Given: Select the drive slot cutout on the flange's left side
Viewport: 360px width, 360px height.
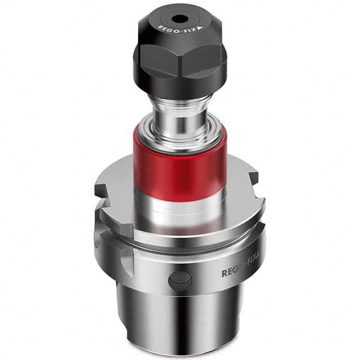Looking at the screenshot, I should (x=102, y=237).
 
